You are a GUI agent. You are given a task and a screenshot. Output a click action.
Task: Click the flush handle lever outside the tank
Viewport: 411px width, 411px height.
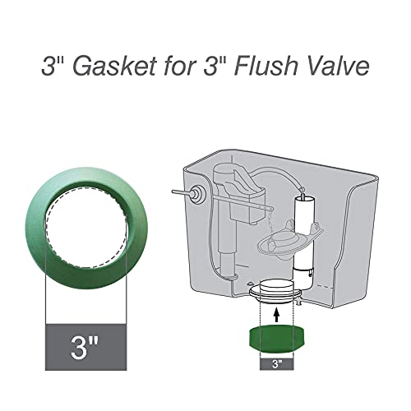181,191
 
